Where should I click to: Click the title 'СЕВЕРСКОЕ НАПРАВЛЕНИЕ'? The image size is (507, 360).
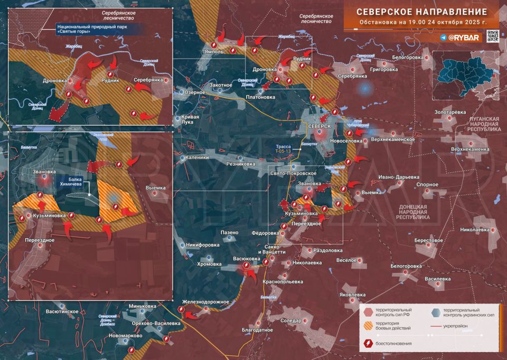[x=421, y=12]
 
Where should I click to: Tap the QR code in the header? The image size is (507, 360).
[x=492, y=36]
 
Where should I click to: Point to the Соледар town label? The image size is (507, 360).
[x=291, y=320]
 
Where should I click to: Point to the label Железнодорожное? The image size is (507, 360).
[x=206, y=301]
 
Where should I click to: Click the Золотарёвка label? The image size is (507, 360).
[x=450, y=112]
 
